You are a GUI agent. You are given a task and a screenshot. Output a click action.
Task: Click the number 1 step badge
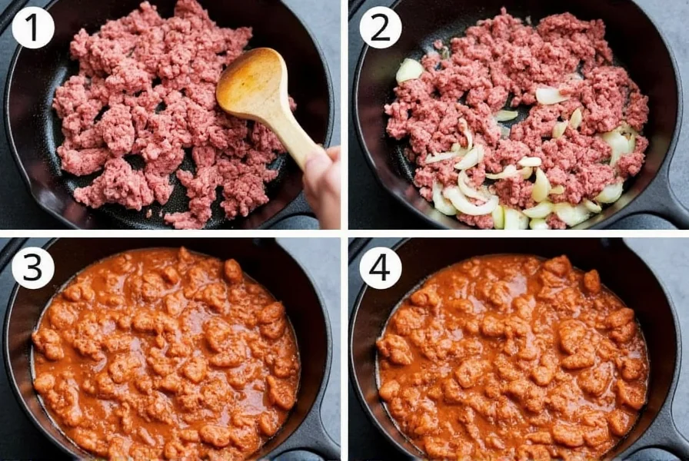click(33, 28)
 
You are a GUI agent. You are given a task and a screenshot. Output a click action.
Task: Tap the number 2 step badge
click(381, 28)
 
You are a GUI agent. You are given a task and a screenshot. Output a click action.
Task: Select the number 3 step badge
click(33, 268)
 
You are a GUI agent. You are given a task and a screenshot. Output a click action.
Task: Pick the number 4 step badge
click(381, 268)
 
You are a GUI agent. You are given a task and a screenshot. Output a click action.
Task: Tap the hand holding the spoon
click(323, 184)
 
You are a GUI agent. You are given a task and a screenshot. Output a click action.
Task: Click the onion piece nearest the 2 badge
click(409, 70)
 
